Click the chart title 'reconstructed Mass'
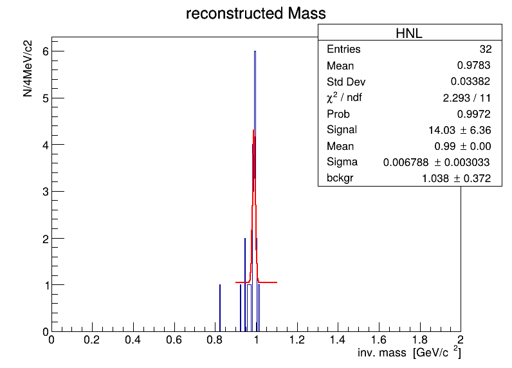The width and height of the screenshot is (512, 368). [x=255, y=14]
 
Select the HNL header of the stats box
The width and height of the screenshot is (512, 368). [x=409, y=33]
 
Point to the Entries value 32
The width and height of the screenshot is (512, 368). [x=486, y=49]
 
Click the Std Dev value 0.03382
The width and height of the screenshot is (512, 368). [x=470, y=81]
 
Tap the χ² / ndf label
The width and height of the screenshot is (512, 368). [x=344, y=98]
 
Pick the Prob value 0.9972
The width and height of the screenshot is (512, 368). [x=473, y=114]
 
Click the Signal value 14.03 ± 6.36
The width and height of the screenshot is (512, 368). [x=459, y=131]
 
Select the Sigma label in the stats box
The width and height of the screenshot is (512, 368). [x=342, y=162]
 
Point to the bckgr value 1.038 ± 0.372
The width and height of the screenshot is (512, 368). [x=456, y=178]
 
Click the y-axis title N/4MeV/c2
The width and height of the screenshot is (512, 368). [x=28, y=69]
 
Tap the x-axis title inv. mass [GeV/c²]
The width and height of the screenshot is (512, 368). [x=409, y=353]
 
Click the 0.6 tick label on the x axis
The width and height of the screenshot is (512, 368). [x=174, y=340]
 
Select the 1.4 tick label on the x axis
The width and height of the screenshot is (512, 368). [x=338, y=340]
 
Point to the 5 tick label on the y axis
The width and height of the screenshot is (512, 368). [x=46, y=98]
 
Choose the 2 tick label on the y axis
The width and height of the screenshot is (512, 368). [x=46, y=239]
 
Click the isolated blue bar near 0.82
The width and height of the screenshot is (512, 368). [x=220, y=308]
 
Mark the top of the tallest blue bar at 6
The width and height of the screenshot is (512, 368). [x=255, y=51]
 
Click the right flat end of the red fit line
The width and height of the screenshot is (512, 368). [x=277, y=282]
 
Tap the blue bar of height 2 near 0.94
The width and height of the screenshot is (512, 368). [x=245, y=285]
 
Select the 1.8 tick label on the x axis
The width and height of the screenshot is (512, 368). [x=419, y=340]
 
